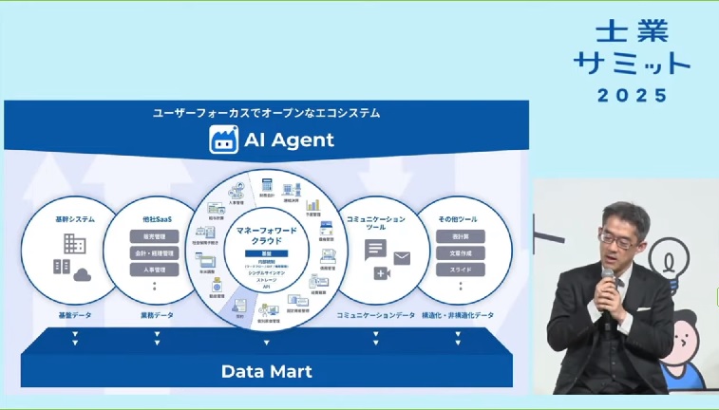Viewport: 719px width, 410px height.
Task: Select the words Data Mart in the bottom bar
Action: point(266,370)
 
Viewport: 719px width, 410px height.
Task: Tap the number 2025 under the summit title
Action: point(633,95)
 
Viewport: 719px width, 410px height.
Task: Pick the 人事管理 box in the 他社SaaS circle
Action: point(154,270)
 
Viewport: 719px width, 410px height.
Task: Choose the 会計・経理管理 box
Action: point(154,253)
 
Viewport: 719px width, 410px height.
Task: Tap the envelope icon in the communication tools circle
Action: point(401,256)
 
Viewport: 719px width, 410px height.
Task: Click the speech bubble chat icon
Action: point(375,250)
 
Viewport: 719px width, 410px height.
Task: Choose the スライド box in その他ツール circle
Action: point(461,270)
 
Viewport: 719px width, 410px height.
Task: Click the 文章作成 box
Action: point(461,253)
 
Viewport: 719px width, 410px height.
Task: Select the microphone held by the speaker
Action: point(607,276)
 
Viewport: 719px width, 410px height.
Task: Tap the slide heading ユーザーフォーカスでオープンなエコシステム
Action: point(266,112)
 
